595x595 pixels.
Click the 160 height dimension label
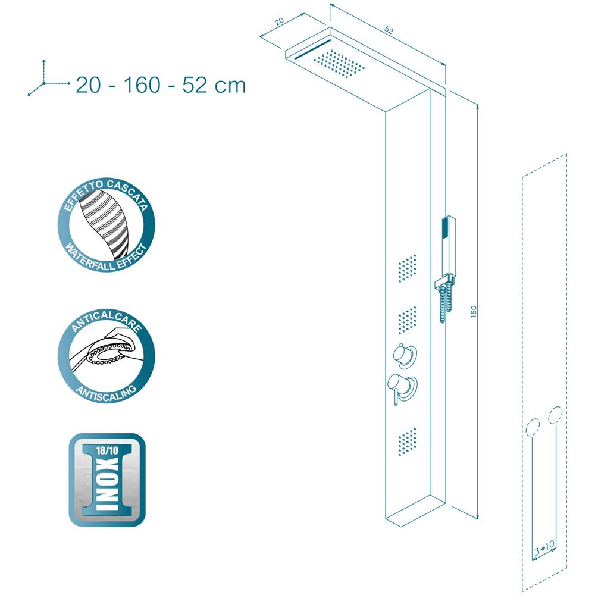pos(473,311)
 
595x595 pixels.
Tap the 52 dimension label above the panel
pos(389,30)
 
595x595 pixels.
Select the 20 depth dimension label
pos(279,21)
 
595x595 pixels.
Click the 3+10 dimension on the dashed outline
pos(544,547)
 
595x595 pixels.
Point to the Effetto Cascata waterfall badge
pos(107,225)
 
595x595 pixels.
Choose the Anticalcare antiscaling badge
pos(107,356)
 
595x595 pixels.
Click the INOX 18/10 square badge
pos(107,480)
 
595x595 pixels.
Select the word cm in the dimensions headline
pos(230,86)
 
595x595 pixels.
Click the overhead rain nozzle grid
pos(339,64)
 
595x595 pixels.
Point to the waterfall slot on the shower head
pos(313,49)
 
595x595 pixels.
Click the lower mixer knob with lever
pos(402,388)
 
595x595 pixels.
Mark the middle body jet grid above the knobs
pos(408,320)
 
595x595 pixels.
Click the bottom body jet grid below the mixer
pos(408,442)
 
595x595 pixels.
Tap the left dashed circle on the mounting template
pos(533,427)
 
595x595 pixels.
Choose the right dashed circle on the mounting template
pos(555,415)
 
